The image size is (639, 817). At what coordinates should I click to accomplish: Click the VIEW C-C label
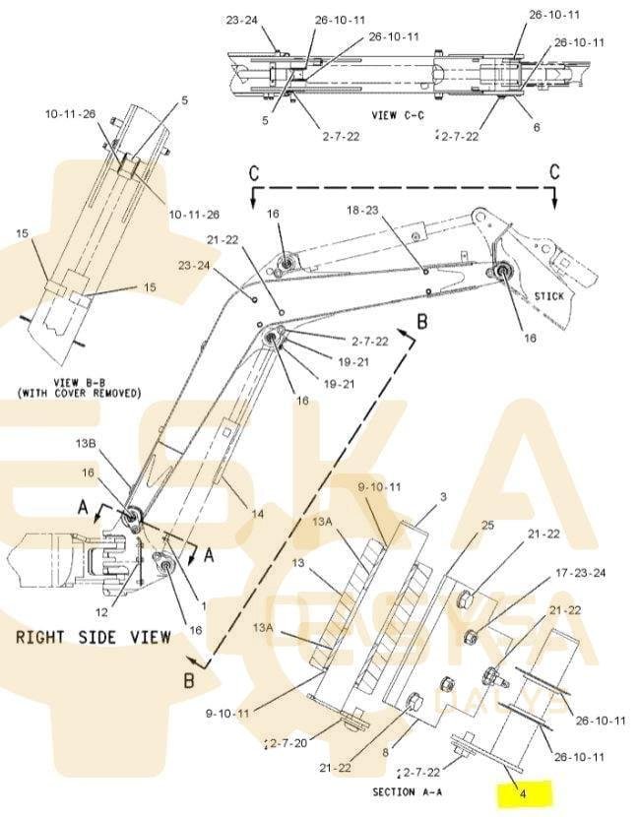pos(398,115)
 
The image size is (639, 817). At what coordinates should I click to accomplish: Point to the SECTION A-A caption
pos(406,790)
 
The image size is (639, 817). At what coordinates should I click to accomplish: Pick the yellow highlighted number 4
pos(524,791)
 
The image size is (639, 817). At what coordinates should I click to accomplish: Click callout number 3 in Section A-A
pos(443,497)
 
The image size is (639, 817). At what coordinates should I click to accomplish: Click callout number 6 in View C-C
pos(536,127)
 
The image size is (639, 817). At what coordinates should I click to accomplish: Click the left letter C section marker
pos(254,172)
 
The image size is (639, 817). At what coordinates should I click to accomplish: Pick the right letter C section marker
pos(554,172)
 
